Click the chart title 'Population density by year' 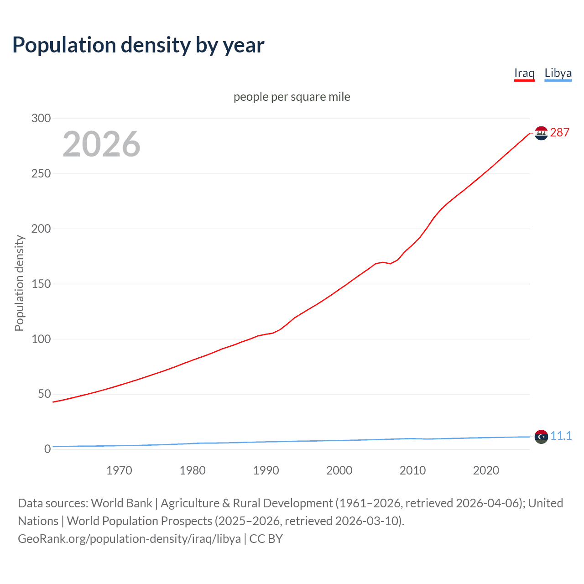coord(138,45)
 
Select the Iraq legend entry coord(524,73)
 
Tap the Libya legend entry coord(558,73)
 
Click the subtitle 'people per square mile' coord(292,97)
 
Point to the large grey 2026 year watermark coord(101,144)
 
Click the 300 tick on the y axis coord(41,118)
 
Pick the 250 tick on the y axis coord(41,173)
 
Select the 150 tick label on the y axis coord(41,284)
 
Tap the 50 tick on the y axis coord(44,394)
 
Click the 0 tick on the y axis coord(47,449)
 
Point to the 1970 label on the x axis coord(119,470)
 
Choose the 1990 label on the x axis coord(266,470)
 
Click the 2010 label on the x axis coord(412,470)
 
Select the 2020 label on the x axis coord(486,470)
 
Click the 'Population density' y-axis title coord(19,283)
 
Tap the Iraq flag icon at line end coord(541,133)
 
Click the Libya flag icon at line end coord(541,437)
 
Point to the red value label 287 coord(560,132)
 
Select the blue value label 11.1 coord(561,436)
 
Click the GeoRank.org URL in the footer coord(129,539)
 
